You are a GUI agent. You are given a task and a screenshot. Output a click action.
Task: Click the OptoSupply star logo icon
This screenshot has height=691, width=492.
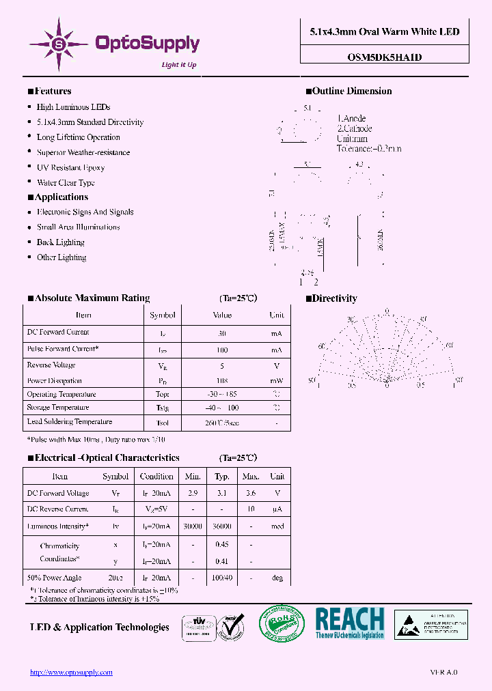59,44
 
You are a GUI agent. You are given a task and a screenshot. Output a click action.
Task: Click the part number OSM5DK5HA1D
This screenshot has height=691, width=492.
385,57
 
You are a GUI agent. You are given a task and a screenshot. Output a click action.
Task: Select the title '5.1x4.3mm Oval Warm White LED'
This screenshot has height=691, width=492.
385,31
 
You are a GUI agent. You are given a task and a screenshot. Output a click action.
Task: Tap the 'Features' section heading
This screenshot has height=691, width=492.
53,91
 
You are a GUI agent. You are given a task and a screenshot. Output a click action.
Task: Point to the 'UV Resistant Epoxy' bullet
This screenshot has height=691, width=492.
70,167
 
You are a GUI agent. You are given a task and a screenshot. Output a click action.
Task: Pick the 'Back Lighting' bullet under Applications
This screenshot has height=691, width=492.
61,242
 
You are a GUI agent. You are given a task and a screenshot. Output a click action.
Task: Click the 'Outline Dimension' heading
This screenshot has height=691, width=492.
352,91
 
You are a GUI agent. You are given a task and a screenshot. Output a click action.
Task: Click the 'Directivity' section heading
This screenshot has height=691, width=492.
335,298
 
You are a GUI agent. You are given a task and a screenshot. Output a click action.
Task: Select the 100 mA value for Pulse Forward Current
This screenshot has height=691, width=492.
222,350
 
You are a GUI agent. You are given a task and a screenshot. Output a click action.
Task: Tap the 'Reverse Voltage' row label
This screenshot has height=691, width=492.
51,365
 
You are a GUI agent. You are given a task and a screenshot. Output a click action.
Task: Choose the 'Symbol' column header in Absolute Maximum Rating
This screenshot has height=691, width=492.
163,315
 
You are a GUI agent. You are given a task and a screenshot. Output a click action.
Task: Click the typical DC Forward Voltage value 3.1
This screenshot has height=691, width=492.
222,493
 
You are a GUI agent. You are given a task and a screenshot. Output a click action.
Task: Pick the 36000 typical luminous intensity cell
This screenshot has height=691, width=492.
222,527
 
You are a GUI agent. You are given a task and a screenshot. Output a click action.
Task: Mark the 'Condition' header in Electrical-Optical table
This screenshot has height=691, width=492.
156,477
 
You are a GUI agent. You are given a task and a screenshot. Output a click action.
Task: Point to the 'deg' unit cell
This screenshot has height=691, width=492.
277,578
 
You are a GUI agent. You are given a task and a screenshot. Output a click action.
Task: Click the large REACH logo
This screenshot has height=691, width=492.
349,623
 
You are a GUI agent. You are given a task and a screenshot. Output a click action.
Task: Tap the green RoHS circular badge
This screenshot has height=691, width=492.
281,623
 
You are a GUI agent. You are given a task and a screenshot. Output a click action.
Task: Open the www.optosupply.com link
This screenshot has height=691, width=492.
71,673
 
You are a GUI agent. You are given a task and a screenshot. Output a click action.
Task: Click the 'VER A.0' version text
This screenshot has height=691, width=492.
444,673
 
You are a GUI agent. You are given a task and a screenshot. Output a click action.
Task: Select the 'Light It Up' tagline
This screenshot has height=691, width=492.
178,65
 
